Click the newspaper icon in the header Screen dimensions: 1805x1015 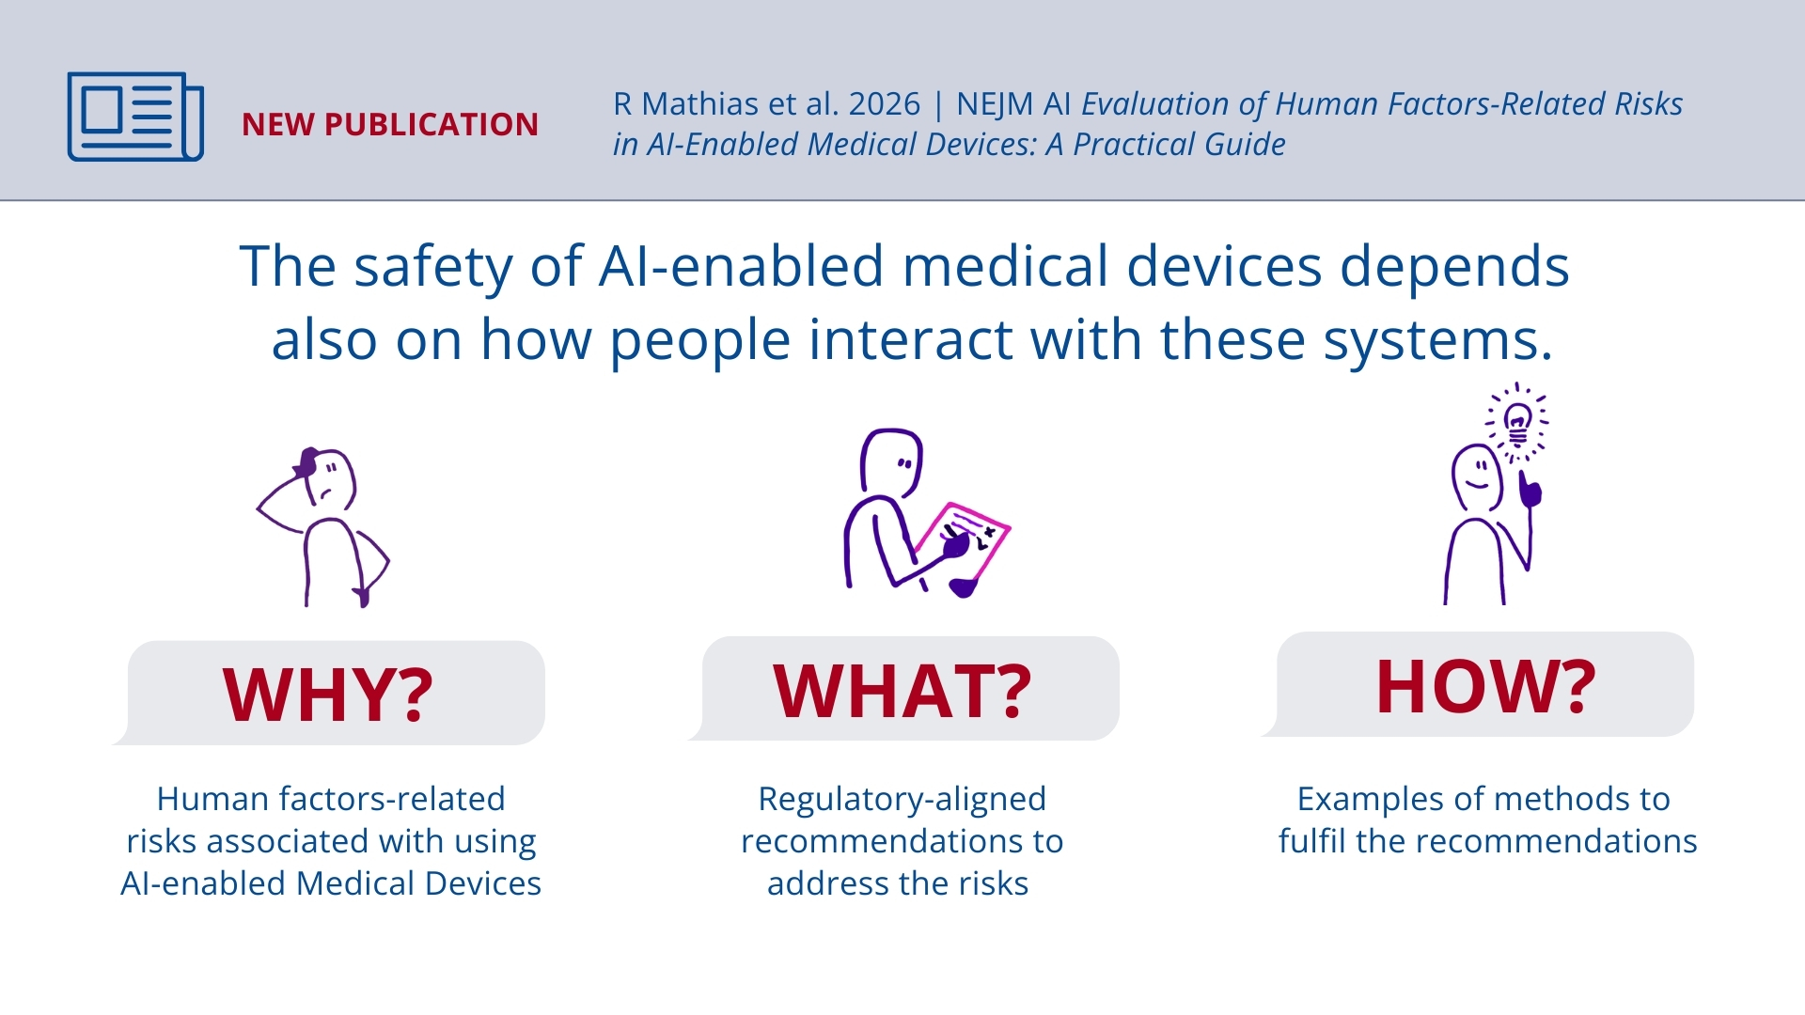coord(135,117)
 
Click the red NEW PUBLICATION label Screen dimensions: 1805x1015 coord(390,125)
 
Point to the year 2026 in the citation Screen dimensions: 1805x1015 coord(884,104)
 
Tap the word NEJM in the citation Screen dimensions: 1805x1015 coord(995,104)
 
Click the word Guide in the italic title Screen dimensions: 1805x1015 coord(1245,145)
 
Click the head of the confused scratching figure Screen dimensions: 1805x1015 coord(325,479)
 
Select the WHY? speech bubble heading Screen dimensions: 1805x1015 coord(328,695)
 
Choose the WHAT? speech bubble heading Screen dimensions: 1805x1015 coord(902,690)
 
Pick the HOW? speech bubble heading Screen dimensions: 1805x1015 coord(1485,685)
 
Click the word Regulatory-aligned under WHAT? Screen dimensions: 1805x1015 coord(902,799)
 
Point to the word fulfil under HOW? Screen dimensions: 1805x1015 coord(1312,841)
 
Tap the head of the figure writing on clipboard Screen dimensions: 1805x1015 coord(892,462)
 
